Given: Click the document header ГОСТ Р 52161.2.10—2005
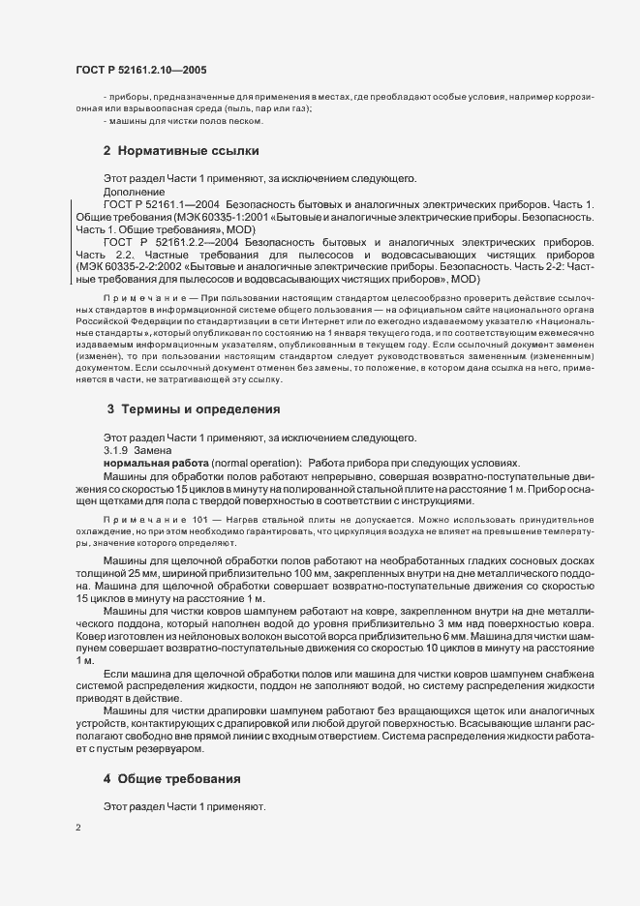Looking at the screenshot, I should pyautogui.click(x=140, y=70).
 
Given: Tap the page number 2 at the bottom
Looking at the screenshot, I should pyautogui.click(x=77, y=829).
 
